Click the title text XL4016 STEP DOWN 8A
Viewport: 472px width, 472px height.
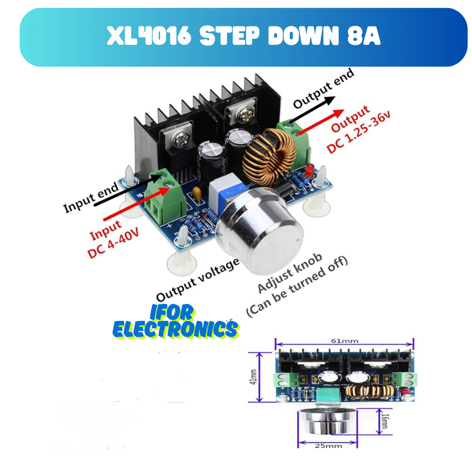coord(244,37)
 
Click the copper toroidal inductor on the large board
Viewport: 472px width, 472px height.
coord(269,156)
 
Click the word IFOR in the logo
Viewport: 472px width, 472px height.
coord(173,312)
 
